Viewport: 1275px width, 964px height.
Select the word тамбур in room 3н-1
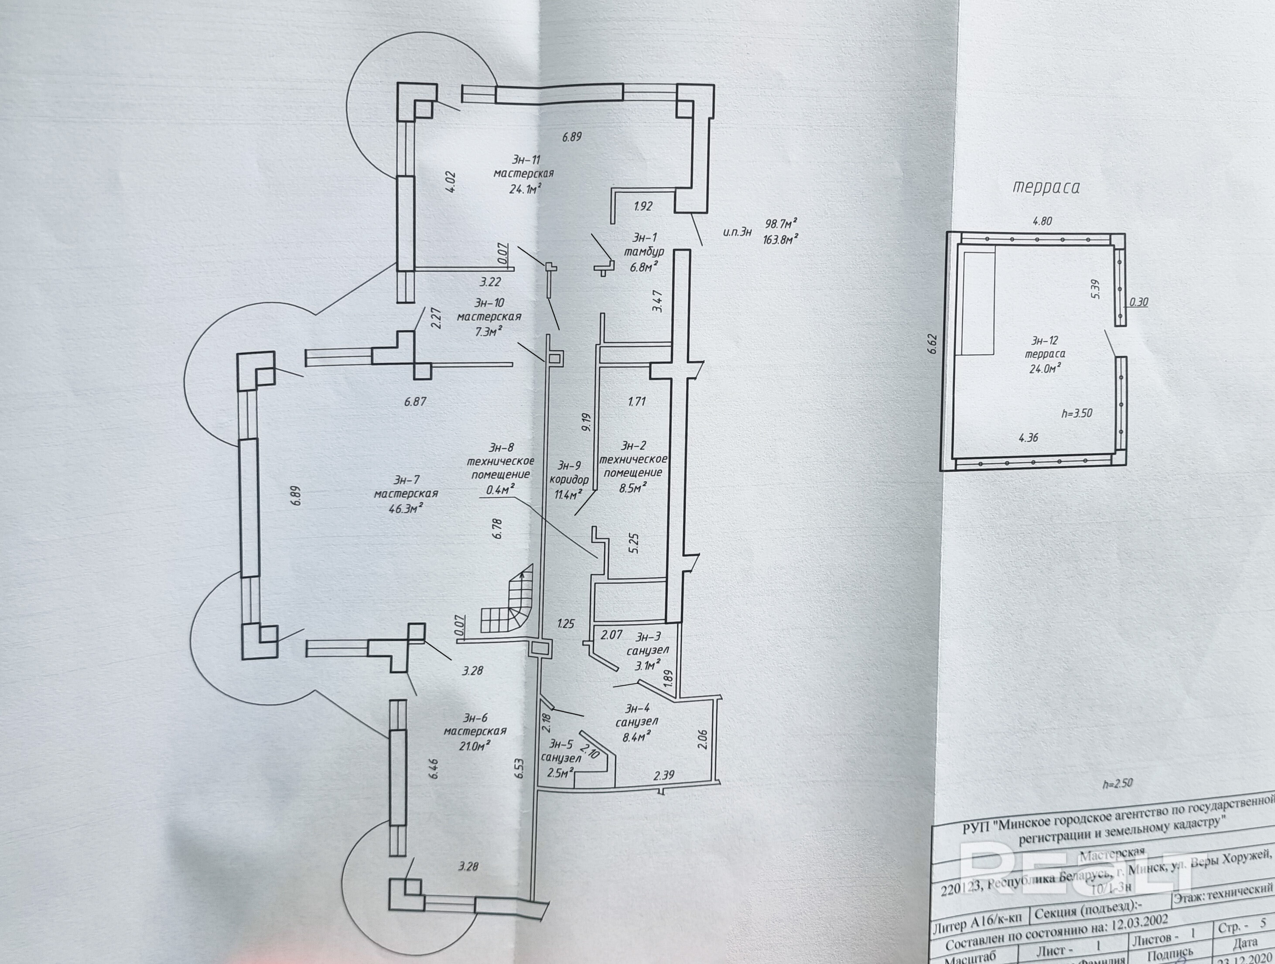pyautogui.click(x=644, y=251)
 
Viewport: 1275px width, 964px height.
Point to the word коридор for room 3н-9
pyautogui.click(x=570, y=480)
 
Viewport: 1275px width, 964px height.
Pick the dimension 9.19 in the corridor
pyautogui.click(x=587, y=422)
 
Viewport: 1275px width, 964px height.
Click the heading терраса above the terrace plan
pyautogui.click(x=1046, y=187)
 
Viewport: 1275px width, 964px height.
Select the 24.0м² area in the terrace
pyautogui.click(x=1045, y=368)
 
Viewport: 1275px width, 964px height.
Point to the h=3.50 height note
pyautogui.click(x=1077, y=413)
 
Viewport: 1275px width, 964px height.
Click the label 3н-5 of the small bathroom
pyautogui.click(x=561, y=743)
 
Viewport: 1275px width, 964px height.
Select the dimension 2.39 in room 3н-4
pyautogui.click(x=664, y=775)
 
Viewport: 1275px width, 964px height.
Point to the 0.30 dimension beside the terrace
pyautogui.click(x=1138, y=302)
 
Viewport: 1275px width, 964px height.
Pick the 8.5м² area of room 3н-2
pyautogui.click(x=632, y=487)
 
